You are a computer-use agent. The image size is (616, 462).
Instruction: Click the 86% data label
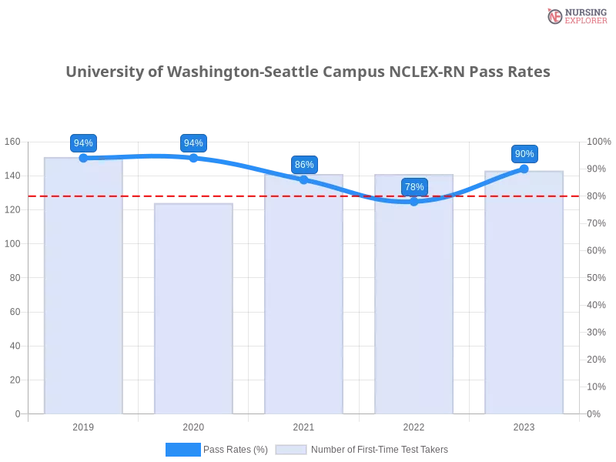[304, 165]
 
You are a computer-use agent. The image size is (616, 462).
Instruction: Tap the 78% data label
[414, 187]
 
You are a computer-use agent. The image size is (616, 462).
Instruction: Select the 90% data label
[524, 154]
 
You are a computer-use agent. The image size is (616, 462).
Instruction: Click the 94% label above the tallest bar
[82, 143]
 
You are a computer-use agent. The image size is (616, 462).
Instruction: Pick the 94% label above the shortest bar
[193, 143]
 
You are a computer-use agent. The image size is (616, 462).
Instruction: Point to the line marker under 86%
[304, 179]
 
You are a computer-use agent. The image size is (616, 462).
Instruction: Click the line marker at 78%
[414, 202]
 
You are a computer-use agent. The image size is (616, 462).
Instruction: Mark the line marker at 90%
[524, 168]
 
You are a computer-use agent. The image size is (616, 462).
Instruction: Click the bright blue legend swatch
[183, 449]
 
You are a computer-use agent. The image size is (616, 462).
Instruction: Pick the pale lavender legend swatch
[291, 449]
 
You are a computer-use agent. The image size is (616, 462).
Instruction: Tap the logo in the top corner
[575, 15]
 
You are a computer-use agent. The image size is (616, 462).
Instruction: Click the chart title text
[308, 72]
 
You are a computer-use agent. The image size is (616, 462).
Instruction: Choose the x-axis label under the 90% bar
[524, 425]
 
